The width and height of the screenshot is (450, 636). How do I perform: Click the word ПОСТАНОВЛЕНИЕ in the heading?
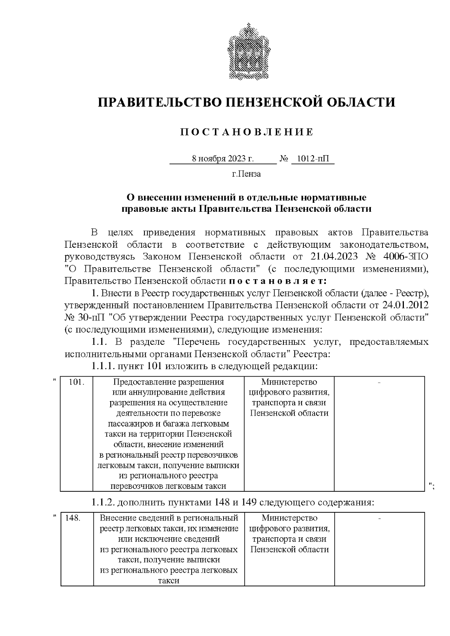point(246,132)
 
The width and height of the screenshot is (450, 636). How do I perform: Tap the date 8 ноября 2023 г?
point(223,159)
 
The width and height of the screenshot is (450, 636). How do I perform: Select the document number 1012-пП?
point(312,159)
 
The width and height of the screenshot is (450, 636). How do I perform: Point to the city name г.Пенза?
point(246,174)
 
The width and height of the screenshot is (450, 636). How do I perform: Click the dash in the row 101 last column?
point(379,382)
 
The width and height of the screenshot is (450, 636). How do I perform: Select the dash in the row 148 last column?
point(379,518)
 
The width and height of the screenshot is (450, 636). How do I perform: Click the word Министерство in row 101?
point(289,382)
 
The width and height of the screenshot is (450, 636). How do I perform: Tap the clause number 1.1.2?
point(103,503)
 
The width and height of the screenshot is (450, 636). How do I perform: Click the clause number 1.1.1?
point(103,366)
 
